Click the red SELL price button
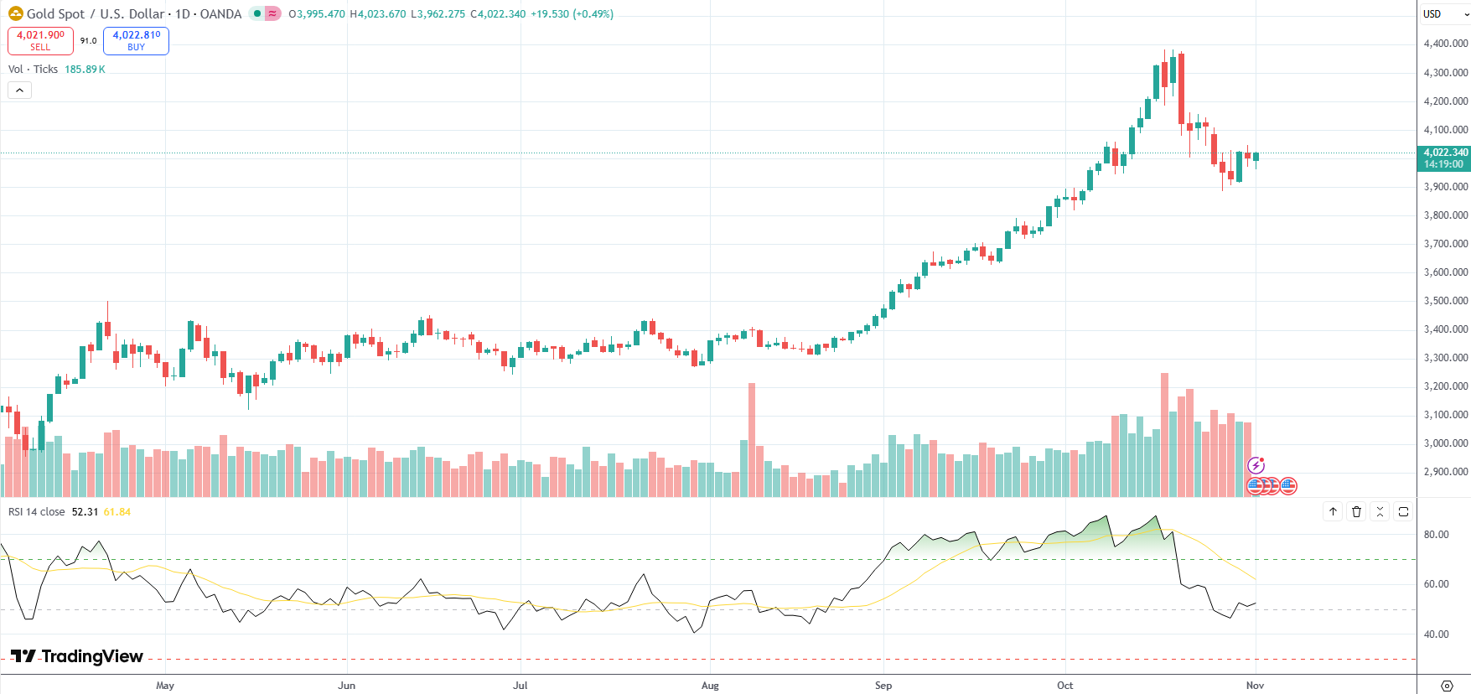coord(40,40)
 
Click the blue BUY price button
coord(136,40)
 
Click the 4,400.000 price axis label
coord(1445,44)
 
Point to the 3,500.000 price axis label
coord(1445,301)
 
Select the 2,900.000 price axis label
coord(1445,472)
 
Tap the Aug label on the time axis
coord(710,686)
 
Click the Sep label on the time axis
coord(883,686)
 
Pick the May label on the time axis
coord(165,686)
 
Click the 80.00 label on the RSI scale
coord(1436,535)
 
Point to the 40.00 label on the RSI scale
coord(1436,634)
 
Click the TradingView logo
coord(77,656)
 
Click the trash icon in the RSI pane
coord(1356,511)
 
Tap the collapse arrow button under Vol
coord(19,90)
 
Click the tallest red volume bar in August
coord(752,436)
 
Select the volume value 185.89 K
coord(85,70)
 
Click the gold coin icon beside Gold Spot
coord(15,13)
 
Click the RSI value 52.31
coord(85,512)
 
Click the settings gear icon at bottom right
coord(1446,686)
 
